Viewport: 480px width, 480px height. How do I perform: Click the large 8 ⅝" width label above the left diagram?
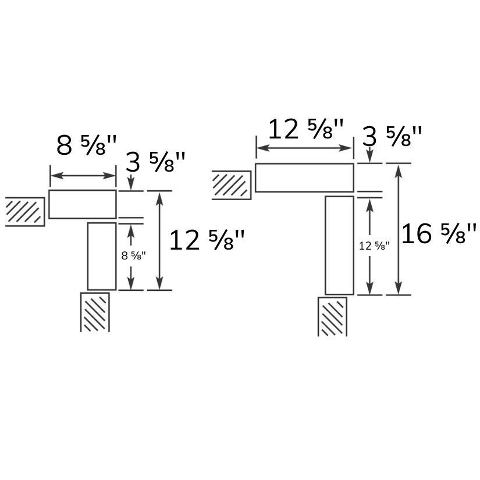point(87,145)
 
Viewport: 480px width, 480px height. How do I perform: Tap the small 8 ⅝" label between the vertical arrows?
point(134,255)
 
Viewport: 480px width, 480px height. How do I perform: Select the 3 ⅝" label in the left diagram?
point(155,162)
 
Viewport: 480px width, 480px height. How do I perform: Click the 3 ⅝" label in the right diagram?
point(392,136)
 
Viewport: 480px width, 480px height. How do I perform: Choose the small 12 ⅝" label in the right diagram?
point(374,246)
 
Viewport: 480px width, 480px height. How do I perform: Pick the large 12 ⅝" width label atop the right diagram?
point(306,129)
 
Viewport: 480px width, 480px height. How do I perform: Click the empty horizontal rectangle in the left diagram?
point(83,204)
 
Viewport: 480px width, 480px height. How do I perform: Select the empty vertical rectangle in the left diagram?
point(102,256)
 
